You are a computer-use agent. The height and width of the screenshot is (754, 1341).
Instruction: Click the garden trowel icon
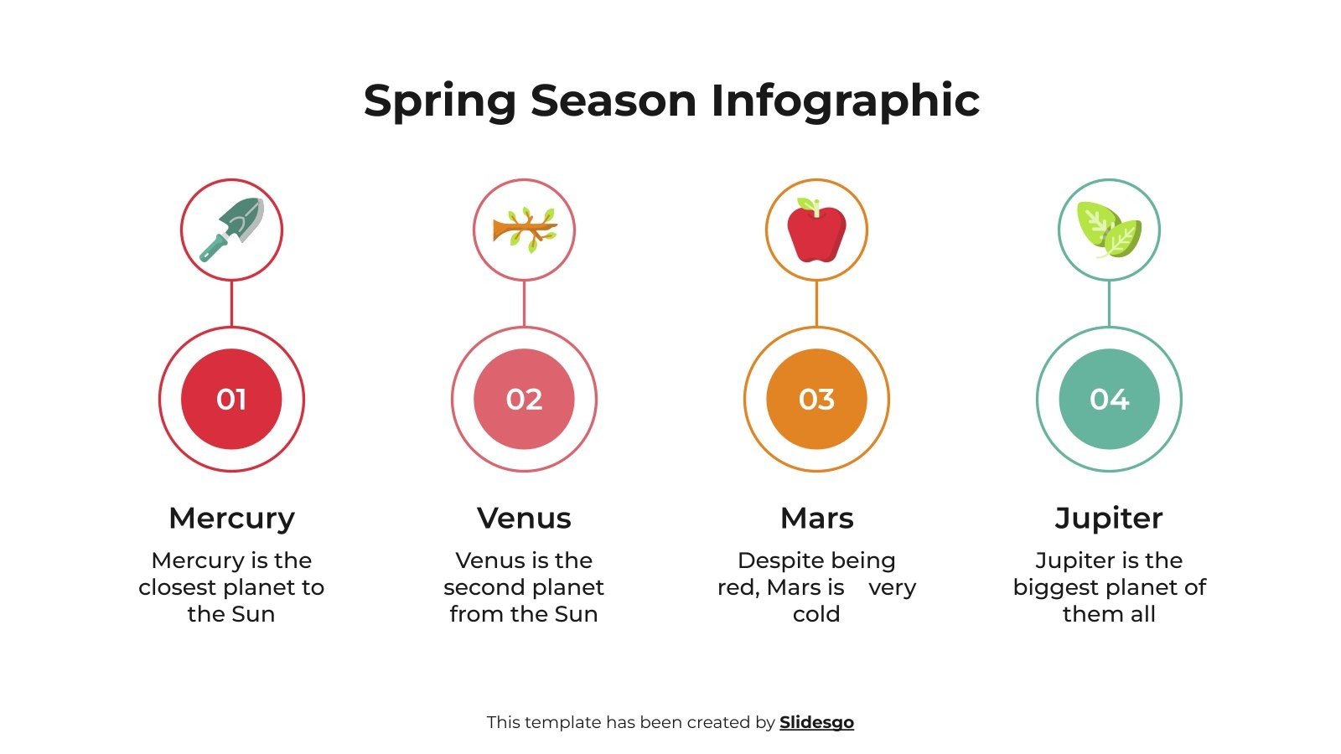(231, 230)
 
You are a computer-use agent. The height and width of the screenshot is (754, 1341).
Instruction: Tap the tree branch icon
(524, 230)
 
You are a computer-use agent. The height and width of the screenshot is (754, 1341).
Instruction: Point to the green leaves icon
(1109, 230)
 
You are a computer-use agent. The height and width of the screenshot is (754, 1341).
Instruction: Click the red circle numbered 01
(231, 399)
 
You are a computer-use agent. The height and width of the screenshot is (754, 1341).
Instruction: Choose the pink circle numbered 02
(524, 399)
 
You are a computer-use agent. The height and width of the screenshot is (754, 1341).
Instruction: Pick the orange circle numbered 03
(816, 399)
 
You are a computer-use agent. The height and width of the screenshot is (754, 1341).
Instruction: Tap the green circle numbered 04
(1109, 399)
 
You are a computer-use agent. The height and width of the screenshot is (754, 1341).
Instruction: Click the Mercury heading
(231, 518)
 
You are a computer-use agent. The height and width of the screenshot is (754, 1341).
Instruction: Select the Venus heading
(524, 518)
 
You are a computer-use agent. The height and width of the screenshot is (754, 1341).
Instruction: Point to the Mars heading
(816, 518)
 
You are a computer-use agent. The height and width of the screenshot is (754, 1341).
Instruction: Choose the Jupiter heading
(1109, 518)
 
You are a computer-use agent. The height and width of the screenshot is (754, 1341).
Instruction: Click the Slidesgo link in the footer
(816, 722)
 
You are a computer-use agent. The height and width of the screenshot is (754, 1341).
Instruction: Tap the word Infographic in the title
(845, 101)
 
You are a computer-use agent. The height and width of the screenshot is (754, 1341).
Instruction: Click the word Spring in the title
(439, 101)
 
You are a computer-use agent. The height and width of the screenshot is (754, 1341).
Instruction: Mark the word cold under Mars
(816, 614)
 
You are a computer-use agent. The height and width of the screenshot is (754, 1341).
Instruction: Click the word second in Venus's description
(481, 587)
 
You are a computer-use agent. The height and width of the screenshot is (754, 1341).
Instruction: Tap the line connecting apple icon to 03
(816, 303)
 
